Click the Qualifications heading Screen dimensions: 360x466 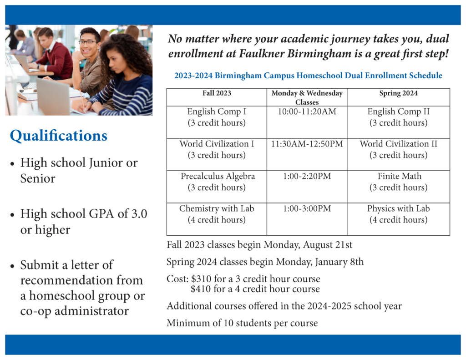[59, 136]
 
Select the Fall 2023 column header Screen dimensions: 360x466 [217, 93]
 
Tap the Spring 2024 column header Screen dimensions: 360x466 [398, 93]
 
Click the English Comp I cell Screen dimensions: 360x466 [217, 117]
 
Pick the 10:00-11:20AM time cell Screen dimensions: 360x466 [307, 112]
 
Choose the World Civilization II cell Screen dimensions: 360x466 [398, 149]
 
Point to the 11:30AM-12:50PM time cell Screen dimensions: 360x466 [307, 144]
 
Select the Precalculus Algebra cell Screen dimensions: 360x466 [217, 182]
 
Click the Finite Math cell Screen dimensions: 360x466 [398, 182]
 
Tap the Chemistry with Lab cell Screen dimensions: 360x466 [217, 214]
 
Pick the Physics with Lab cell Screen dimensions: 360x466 [398, 214]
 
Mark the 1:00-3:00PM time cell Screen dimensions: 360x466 [307, 208]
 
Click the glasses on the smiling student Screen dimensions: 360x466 [88, 42]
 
